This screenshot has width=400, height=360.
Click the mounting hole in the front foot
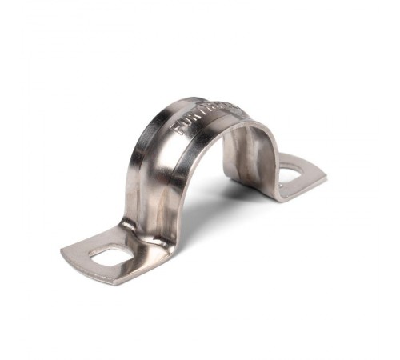pos(110,257)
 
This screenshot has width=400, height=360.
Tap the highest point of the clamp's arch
pos(200,102)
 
